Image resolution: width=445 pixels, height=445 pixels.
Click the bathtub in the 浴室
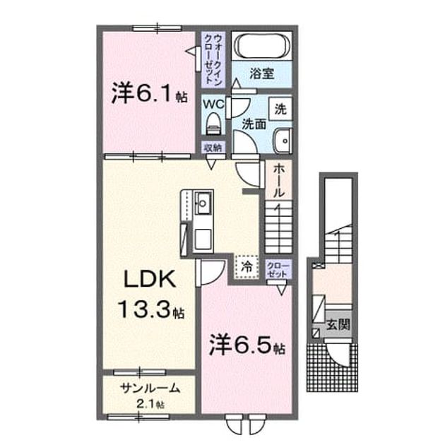pos(262,46)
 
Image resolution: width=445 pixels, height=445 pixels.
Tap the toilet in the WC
pos(213,123)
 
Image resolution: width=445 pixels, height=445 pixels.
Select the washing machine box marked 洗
pos(280,109)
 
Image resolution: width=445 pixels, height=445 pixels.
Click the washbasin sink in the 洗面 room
pos(283,141)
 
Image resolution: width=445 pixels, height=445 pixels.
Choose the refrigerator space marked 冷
pos(247,266)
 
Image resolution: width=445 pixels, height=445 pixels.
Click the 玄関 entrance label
pos(338,324)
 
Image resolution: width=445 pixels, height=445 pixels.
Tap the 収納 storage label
pos(213,148)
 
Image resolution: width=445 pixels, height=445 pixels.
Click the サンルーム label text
pos(150,388)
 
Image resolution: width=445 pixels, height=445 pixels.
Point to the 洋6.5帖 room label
pos(247,346)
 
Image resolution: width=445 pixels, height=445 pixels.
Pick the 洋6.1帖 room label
pos(149,93)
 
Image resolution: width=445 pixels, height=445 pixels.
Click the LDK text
pos(150,279)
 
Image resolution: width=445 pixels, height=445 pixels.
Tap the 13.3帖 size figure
pos(151,309)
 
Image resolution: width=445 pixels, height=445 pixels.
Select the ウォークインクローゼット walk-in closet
pos(213,59)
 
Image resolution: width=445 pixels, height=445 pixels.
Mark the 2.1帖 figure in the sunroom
pos(150,404)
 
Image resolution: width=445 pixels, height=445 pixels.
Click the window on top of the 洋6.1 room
pos(157,28)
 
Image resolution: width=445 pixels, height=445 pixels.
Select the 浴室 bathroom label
pos(261,73)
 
